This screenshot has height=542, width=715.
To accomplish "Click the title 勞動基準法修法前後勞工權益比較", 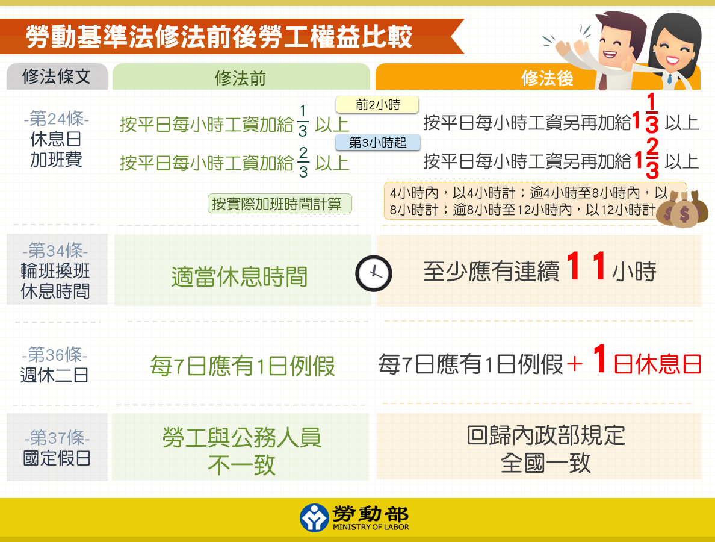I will pyautogui.click(x=219, y=37).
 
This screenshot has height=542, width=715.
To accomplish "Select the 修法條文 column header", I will pyautogui.click(x=57, y=76).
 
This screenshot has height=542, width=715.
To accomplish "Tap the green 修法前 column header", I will pyautogui.click(x=241, y=78).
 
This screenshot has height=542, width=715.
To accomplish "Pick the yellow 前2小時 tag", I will pyautogui.click(x=377, y=105).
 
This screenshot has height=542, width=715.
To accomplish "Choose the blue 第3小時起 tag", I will pyautogui.click(x=377, y=143).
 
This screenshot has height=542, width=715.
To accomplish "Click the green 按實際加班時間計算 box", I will pyautogui.click(x=280, y=204).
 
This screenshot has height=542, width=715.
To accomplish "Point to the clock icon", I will pyautogui.click(x=373, y=273).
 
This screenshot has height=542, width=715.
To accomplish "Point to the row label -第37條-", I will pyautogui.click(x=57, y=437).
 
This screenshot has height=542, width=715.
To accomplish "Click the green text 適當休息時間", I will pyautogui.click(x=239, y=276).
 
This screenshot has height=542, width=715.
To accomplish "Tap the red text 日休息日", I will pyautogui.click(x=657, y=365).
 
